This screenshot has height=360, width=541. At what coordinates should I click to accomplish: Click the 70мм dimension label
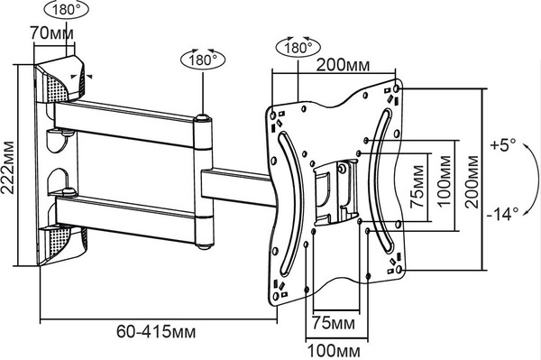pyautogui.click(x=51, y=33)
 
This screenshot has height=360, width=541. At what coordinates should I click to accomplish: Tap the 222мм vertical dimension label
pyautogui.click(x=7, y=168)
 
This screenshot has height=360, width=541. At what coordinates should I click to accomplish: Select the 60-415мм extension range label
pyautogui.click(x=156, y=332)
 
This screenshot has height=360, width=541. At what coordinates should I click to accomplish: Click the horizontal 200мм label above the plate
pyautogui.click(x=343, y=65)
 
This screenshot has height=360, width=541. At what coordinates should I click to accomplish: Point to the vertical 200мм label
pyautogui.click(x=472, y=182)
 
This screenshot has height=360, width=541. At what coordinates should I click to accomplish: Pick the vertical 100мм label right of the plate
pyautogui.click(x=445, y=180)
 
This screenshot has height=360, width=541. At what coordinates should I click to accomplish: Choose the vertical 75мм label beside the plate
pyautogui.click(x=417, y=187)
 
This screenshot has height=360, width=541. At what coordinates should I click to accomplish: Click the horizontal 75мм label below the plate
pyautogui.click(x=334, y=323)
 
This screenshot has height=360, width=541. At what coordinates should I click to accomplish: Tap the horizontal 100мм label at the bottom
pyautogui.click(x=334, y=351)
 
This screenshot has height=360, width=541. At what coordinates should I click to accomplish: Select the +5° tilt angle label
pyautogui.click(x=503, y=144)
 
